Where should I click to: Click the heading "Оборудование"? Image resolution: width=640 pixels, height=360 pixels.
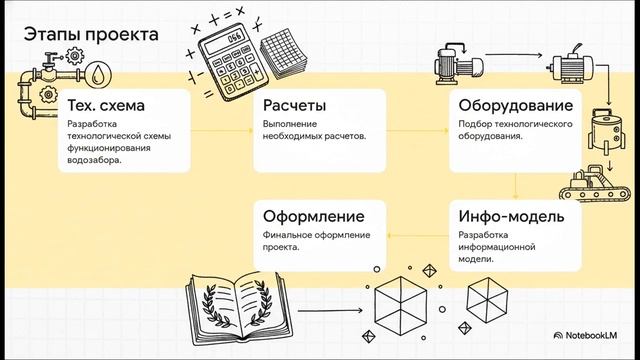tap(515, 106)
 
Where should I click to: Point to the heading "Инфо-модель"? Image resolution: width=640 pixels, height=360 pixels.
tap(511, 216)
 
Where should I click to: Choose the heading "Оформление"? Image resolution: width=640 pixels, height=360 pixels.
tap(312, 216)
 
